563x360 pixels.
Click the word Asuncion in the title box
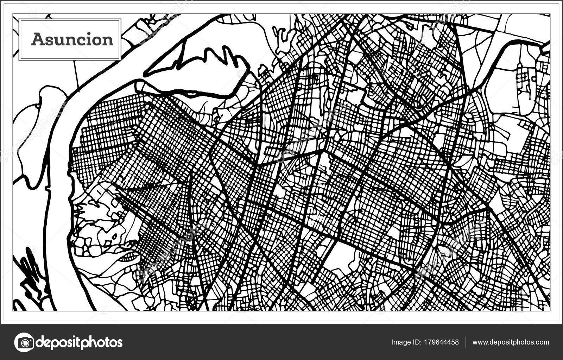point(72,39)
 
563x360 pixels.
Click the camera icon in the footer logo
point(24,342)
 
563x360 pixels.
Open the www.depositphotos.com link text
point(511,342)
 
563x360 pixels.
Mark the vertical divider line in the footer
point(466,342)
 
